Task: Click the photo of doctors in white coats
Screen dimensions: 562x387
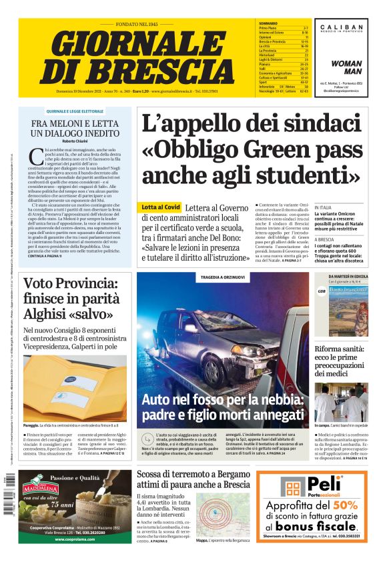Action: click(x=340, y=403)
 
